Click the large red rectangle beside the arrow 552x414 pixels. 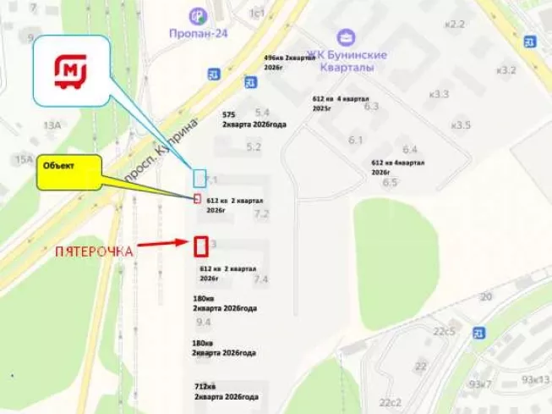[x=201, y=246]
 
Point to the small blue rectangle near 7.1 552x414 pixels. [x=199, y=178]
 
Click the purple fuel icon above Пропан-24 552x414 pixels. [x=197, y=16]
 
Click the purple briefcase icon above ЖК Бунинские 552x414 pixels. [x=345, y=37]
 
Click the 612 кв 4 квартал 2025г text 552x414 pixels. [x=336, y=103]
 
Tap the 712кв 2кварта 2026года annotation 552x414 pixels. [x=226, y=391]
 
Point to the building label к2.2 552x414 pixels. [x=456, y=24]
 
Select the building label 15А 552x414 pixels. [x=23, y=159]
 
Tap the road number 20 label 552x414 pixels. [x=485, y=296]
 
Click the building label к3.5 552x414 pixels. [x=461, y=125]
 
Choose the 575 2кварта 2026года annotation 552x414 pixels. [x=253, y=119]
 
